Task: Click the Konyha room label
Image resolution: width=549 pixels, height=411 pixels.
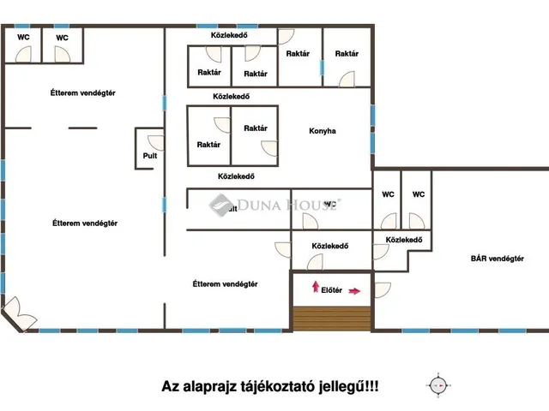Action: tap(323, 131)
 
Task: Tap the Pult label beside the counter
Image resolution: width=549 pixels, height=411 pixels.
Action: tap(150, 156)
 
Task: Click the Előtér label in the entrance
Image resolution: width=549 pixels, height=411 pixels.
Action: tap(331, 290)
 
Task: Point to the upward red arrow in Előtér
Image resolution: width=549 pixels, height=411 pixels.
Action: tap(315, 286)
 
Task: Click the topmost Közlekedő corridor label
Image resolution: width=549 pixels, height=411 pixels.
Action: tap(230, 34)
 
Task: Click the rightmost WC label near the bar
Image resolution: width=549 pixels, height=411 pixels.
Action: tap(419, 194)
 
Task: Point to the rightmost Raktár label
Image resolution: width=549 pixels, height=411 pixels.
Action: tap(347, 53)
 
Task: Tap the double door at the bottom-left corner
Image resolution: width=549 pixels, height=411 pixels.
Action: tap(17, 310)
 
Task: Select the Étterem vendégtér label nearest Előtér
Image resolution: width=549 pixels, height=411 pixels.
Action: tap(225, 284)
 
